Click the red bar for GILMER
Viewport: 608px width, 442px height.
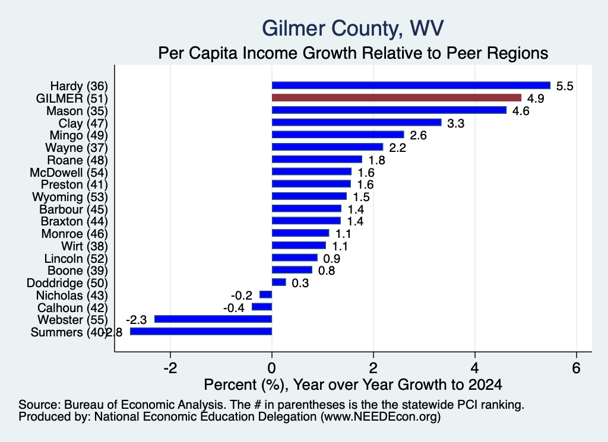[396, 98]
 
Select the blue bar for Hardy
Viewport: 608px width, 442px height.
[411, 85]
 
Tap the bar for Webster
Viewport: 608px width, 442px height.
[213, 319]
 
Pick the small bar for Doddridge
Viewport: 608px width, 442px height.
[279, 282]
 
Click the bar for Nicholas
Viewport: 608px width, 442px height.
[266, 295]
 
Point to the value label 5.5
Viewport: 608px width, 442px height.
[565, 86]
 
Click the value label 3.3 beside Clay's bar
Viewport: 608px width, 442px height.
[455, 123]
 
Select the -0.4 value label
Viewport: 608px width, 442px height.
[234, 308]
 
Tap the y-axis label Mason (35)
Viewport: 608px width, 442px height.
[77, 111]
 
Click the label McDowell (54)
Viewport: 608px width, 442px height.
[69, 173]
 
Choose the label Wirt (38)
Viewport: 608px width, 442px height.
[84, 246]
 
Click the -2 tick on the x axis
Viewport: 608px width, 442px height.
[170, 368]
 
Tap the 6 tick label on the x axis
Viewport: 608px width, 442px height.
[576, 368]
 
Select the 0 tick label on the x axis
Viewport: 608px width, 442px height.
[272, 368]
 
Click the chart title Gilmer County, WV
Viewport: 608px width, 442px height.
[353, 28]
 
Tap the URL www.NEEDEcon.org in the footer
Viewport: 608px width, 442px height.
[381, 417]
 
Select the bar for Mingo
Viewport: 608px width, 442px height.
[338, 135]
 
